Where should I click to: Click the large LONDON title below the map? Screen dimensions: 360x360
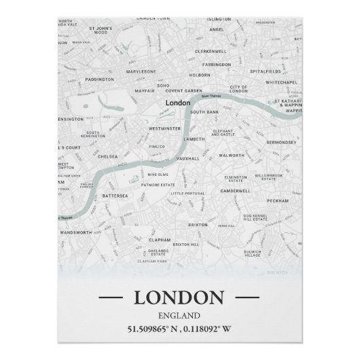click(x=179, y=297)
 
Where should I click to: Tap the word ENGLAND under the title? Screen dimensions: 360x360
click(x=179, y=315)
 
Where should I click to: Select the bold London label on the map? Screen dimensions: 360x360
click(x=177, y=103)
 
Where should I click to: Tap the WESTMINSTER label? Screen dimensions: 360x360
click(x=164, y=128)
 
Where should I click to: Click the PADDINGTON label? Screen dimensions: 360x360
click(x=100, y=79)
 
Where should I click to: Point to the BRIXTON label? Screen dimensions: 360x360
click(x=198, y=224)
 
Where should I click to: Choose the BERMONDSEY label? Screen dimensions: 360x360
click(x=281, y=143)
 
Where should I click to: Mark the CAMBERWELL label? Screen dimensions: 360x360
click(x=236, y=191)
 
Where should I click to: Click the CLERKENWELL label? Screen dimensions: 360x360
click(x=210, y=51)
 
